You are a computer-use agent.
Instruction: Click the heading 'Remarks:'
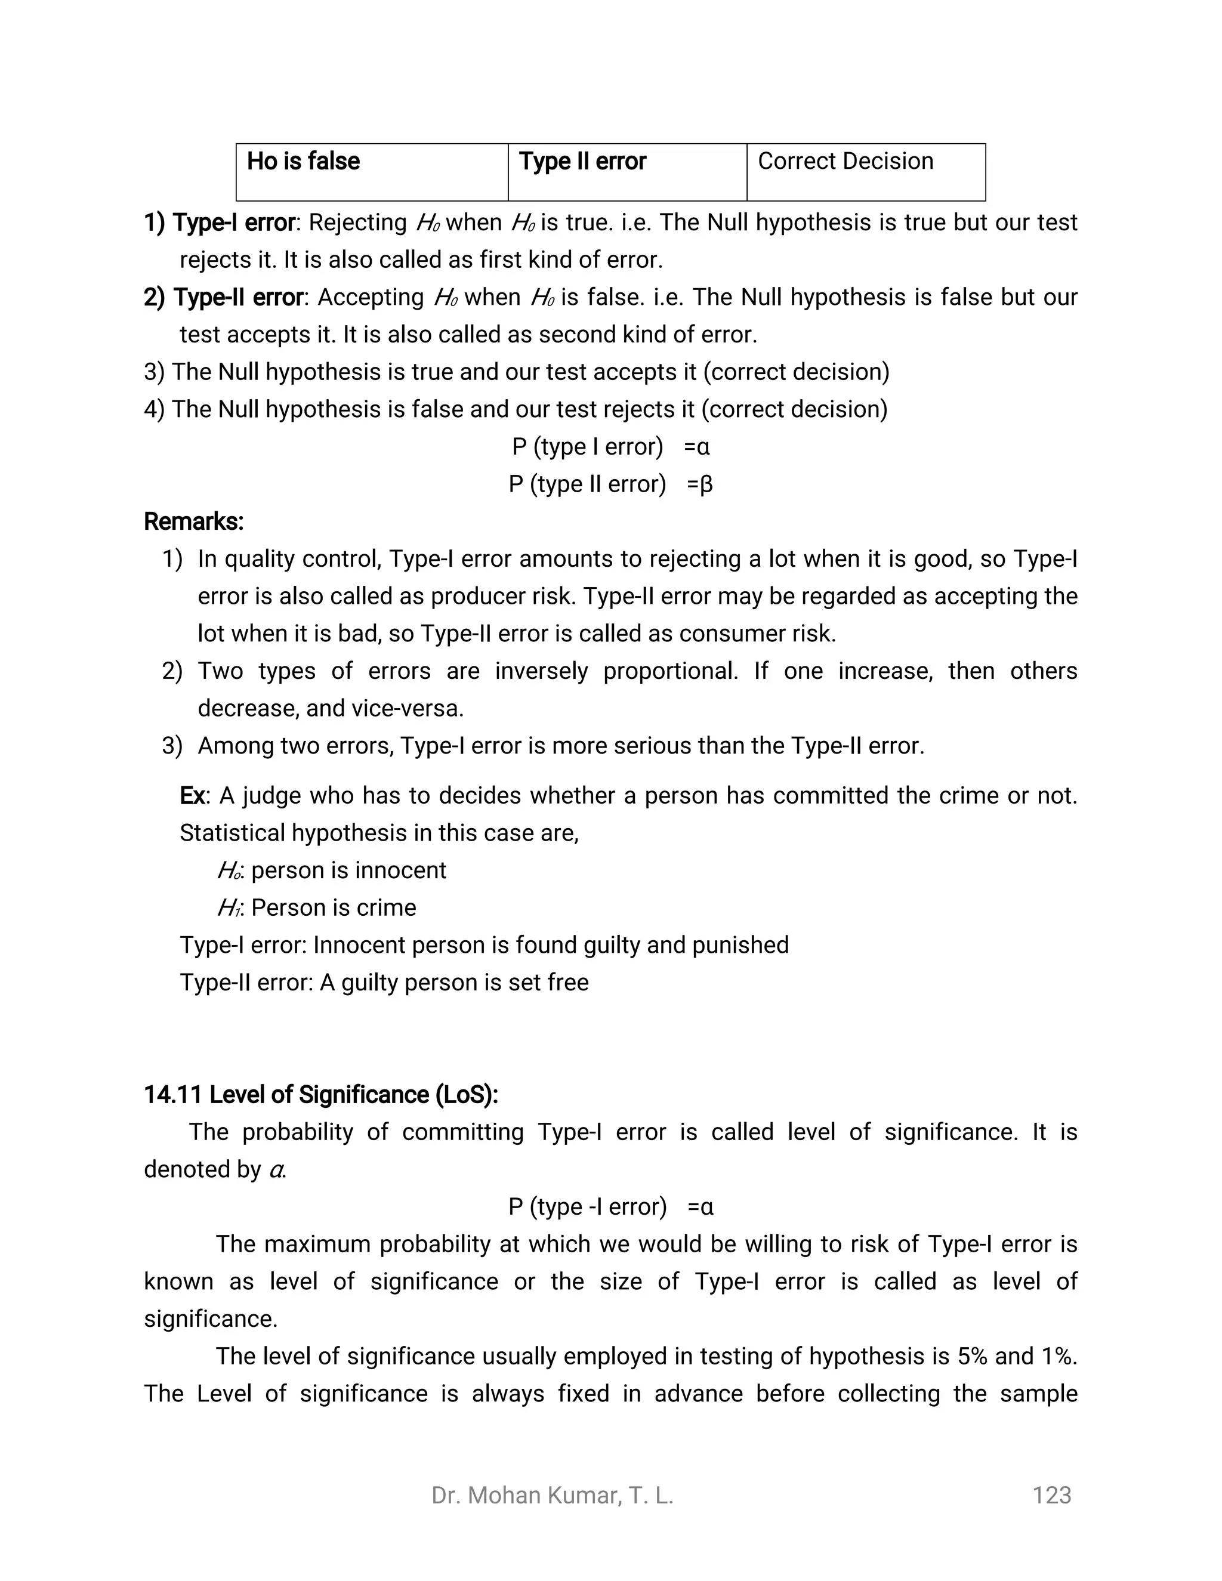point(194,521)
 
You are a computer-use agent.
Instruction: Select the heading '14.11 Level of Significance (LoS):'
point(320,1095)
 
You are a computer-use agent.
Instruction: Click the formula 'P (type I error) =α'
point(610,447)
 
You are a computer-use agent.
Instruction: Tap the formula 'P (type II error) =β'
point(610,484)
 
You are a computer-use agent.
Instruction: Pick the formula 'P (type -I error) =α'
point(610,1207)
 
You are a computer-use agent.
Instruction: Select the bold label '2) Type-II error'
point(224,298)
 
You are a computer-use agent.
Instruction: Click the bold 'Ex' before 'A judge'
point(192,795)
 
